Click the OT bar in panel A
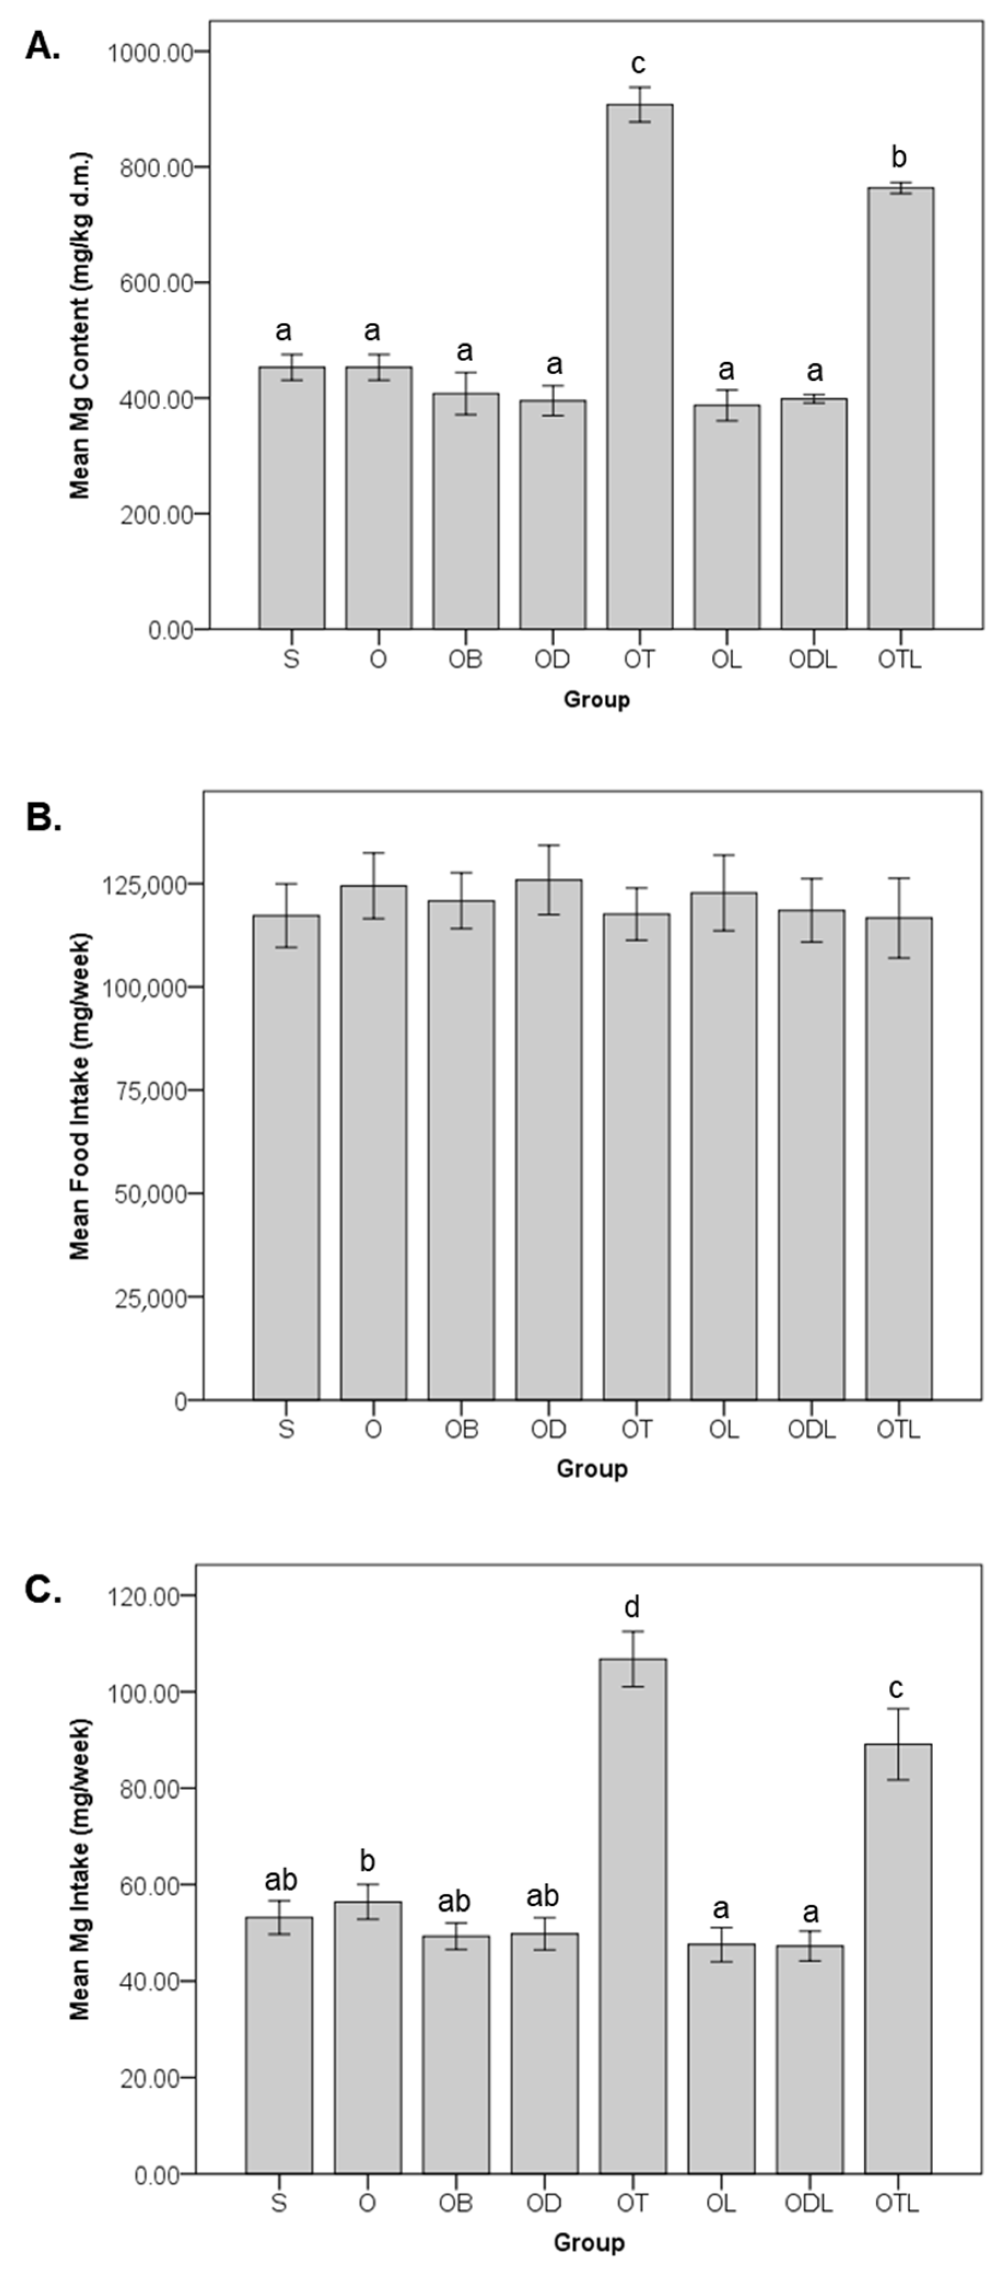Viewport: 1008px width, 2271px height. pyautogui.click(x=639, y=366)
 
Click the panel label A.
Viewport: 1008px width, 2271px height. pyautogui.click(x=42, y=46)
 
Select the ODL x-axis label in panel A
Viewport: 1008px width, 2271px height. pyautogui.click(x=812, y=659)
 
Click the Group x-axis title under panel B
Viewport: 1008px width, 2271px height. pyautogui.click(x=591, y=1469)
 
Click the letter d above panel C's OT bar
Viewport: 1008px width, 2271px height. pyautogui.click(x=632, y=1607)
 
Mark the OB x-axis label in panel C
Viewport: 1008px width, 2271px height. pyautogui.click(x=455, y=2203)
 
